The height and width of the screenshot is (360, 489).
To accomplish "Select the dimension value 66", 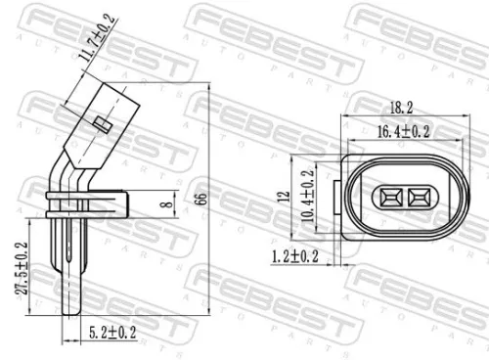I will [201, 198].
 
